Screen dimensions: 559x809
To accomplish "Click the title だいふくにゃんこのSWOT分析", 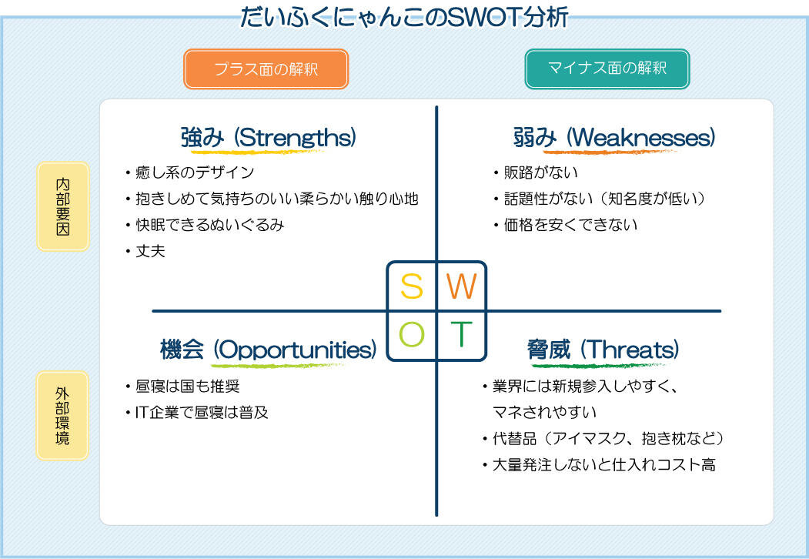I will click(x=404, y=16).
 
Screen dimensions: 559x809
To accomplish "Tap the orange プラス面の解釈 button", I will click(x=266, y=69).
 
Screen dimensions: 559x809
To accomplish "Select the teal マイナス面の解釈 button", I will click(x=607, y=69).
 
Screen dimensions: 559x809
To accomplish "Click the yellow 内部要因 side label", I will click(x=62, y=206).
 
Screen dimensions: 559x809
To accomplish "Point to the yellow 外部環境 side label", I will click(x=62, y=416).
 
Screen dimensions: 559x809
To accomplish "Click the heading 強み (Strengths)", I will click(x=268, y=138).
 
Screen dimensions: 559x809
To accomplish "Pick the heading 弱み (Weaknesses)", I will click(x=613, y=138).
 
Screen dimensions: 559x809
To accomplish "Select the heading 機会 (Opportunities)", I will click(x=268, y=350).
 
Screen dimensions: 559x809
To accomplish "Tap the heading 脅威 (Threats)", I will click(x=603, y=350).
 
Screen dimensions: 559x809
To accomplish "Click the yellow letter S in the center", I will click(x=412, y=286).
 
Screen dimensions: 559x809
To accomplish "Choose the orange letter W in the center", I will click(x=462, y=286).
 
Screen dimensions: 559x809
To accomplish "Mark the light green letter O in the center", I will click(x=412, y=335).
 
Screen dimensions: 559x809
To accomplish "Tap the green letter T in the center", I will click(x=460, y=335).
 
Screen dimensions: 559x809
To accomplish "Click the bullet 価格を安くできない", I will click(x=570, y=225).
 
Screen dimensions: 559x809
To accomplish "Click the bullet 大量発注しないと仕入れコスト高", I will click(x=603, y=465).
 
